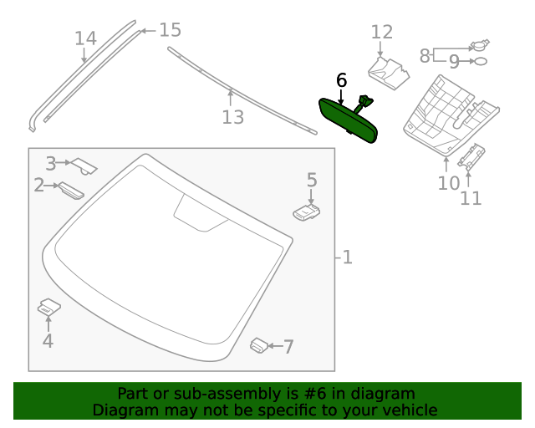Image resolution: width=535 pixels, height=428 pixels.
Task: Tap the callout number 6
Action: pyautogui.click(x=341, y=80)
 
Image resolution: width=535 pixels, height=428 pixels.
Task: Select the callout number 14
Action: pyautogui.click(x=85, y=38)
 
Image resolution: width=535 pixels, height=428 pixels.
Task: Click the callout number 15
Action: pyautogui.click(x=170, y=30)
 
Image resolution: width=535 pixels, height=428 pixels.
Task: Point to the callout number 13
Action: pyautogui.click(x=232, y=117)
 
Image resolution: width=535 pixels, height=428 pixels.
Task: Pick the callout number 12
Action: pyautogui.click(x=381, y=32)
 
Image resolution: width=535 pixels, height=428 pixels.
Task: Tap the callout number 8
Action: pyautogui.click(x=425, y=56)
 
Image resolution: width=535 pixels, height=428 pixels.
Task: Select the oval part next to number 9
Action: pyautogui.click(x=481, y=62)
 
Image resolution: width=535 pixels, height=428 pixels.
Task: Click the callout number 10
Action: pyautogui.click(x=448, y=183)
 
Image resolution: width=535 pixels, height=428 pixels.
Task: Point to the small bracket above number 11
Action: pyautogui.click(x=473, y=157)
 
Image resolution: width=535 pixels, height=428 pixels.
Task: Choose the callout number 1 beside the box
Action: pyautogui.click(x=347, y=257)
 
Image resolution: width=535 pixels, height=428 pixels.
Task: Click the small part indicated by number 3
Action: pyautogui.click(x=85, y=165)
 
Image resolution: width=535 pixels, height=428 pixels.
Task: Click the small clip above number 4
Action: pyautogui.click(x=48, y=307)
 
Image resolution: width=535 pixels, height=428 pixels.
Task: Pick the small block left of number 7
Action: pyautogui.click(x=260, y=344)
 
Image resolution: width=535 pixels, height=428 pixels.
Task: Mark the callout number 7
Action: pyautogui.click(x=288, y=347)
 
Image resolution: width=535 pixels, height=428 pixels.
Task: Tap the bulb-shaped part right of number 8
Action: pyautogui.click(x=480, y=45)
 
